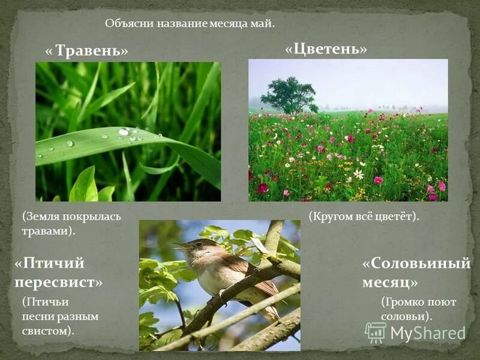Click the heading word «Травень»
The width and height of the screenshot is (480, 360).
[x=90, y=51]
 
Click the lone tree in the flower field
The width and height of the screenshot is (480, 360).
[x=289, y=95]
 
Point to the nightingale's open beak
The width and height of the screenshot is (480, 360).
[x=175, y=245]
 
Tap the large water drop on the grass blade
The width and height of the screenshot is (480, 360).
[x=124, y=131]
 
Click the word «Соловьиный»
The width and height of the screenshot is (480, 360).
[x=420, y=263]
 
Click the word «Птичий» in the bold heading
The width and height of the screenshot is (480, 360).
[x=54, y=263]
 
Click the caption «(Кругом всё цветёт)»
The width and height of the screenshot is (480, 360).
[x=364, y=216]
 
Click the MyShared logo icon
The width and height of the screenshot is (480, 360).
[x=376, y=332]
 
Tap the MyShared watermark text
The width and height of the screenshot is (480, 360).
[x=428, y=334]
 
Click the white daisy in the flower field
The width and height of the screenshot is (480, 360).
[x=358, y=174]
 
